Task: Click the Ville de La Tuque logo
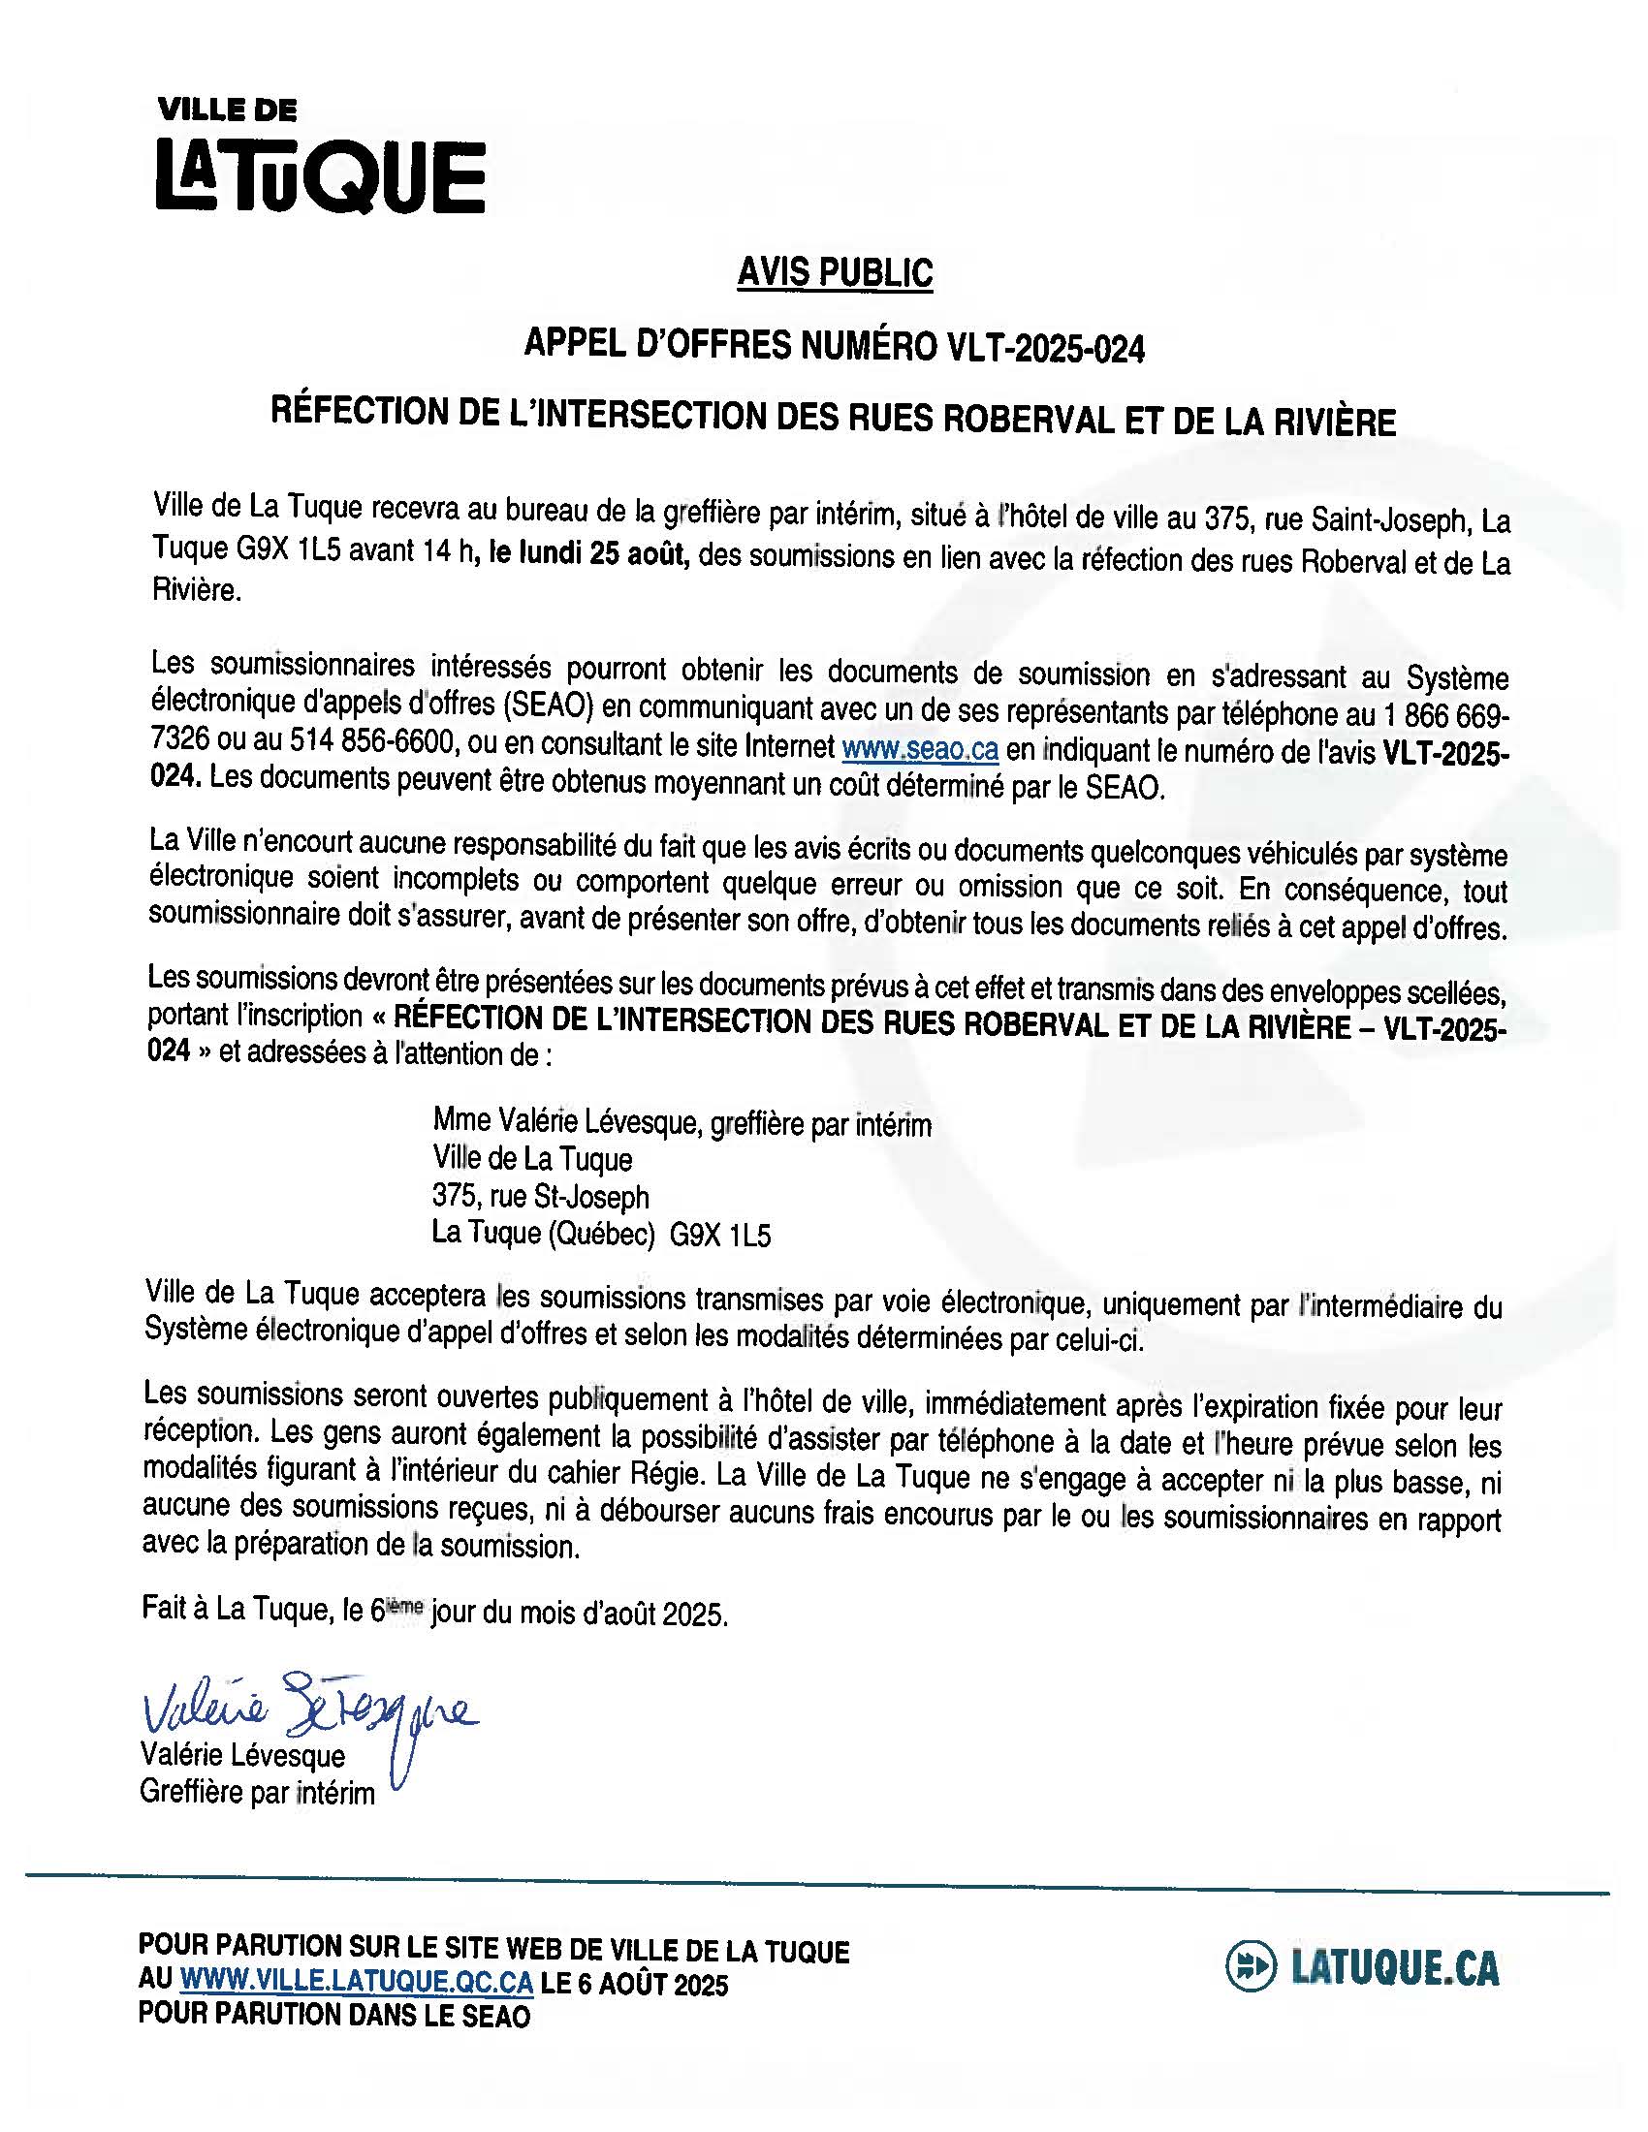pos(319,161)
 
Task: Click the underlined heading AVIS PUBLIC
pos(835,273)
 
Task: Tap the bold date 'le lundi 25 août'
pos(589,555)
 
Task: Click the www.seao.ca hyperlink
pos(919,749)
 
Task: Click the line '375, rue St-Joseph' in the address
pos(541,1196)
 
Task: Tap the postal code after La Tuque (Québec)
pos(719,1237)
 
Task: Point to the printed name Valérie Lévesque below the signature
pos(242,1755)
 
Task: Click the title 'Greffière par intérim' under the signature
pos(257,1793)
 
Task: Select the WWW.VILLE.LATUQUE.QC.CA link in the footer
pos(358,1985)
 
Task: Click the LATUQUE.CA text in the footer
pos(1395,1968)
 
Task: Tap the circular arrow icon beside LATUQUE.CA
pos(1250,1968)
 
